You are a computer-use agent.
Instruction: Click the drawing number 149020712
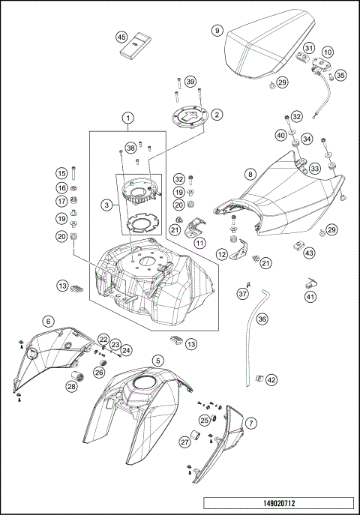tap(279, 503)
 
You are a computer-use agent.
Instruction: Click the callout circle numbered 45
tap(121, 37)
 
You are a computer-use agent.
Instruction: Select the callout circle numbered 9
tap(217, 31)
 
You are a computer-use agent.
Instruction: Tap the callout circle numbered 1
tap(128, 117)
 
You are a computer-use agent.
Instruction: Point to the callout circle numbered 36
tap(262, 319)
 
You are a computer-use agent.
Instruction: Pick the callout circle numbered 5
tap(158, 361)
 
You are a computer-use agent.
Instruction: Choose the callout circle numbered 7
tap(251, 423)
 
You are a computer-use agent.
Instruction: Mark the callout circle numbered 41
tap(310, 298)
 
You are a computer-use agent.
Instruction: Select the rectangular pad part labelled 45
tap(135, 46)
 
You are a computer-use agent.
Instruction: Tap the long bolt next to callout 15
tap(73, 172)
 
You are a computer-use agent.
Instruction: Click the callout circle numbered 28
tap(71, 386)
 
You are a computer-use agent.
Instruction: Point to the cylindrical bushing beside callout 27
tap(197, 436)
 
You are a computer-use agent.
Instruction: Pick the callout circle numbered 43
tap(309, 253)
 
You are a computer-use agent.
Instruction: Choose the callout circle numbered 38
tap(130, 148)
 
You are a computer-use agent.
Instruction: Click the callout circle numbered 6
tap(49, 321)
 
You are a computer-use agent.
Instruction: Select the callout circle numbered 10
tap(328, 52)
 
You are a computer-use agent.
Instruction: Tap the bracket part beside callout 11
tap(195, 226)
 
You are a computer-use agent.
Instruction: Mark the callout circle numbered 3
tap(106, 205)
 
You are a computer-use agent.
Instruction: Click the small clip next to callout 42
tap(259, 379)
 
